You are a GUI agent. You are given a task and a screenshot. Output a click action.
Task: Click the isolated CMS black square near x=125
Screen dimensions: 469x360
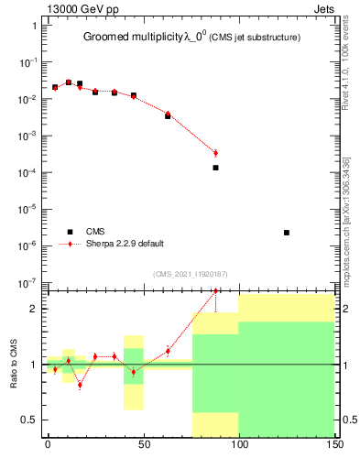click(x=287, y=233)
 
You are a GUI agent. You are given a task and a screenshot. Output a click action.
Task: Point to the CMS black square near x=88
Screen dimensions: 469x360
click(x=215, y=168)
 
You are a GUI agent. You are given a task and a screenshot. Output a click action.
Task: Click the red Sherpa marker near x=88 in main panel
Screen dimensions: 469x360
click(x=215, y=153)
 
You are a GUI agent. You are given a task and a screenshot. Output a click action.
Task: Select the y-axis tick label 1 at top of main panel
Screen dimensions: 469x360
click(x=33, y=26)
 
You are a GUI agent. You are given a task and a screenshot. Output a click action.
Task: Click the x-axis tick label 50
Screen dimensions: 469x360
click(x=143, y=444)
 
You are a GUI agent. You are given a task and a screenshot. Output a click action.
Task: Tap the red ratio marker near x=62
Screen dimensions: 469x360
click(x=168, y=351)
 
